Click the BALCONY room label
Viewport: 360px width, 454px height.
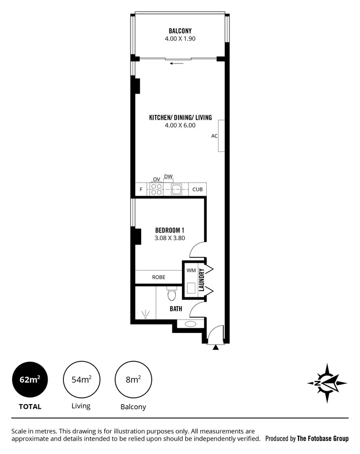click(180, 31)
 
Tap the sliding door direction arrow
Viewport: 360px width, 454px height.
click(177, 63)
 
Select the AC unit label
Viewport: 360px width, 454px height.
click(215, 136)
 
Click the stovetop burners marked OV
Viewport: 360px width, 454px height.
click(156, 189)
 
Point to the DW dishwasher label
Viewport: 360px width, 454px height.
click(168, 177)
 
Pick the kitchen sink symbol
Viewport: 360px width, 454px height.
click(177, 189)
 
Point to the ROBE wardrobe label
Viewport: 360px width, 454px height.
click(158, 277)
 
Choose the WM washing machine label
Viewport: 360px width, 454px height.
click(191, 271)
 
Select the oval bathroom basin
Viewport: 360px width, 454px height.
click(190, 323)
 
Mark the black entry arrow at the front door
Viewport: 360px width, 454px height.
click(216, 346)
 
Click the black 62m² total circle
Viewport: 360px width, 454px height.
click(29, 380)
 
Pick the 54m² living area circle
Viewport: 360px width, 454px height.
click(81, 380)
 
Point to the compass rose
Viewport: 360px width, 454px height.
click(327, 383)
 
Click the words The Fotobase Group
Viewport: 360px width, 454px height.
click(323, 439)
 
